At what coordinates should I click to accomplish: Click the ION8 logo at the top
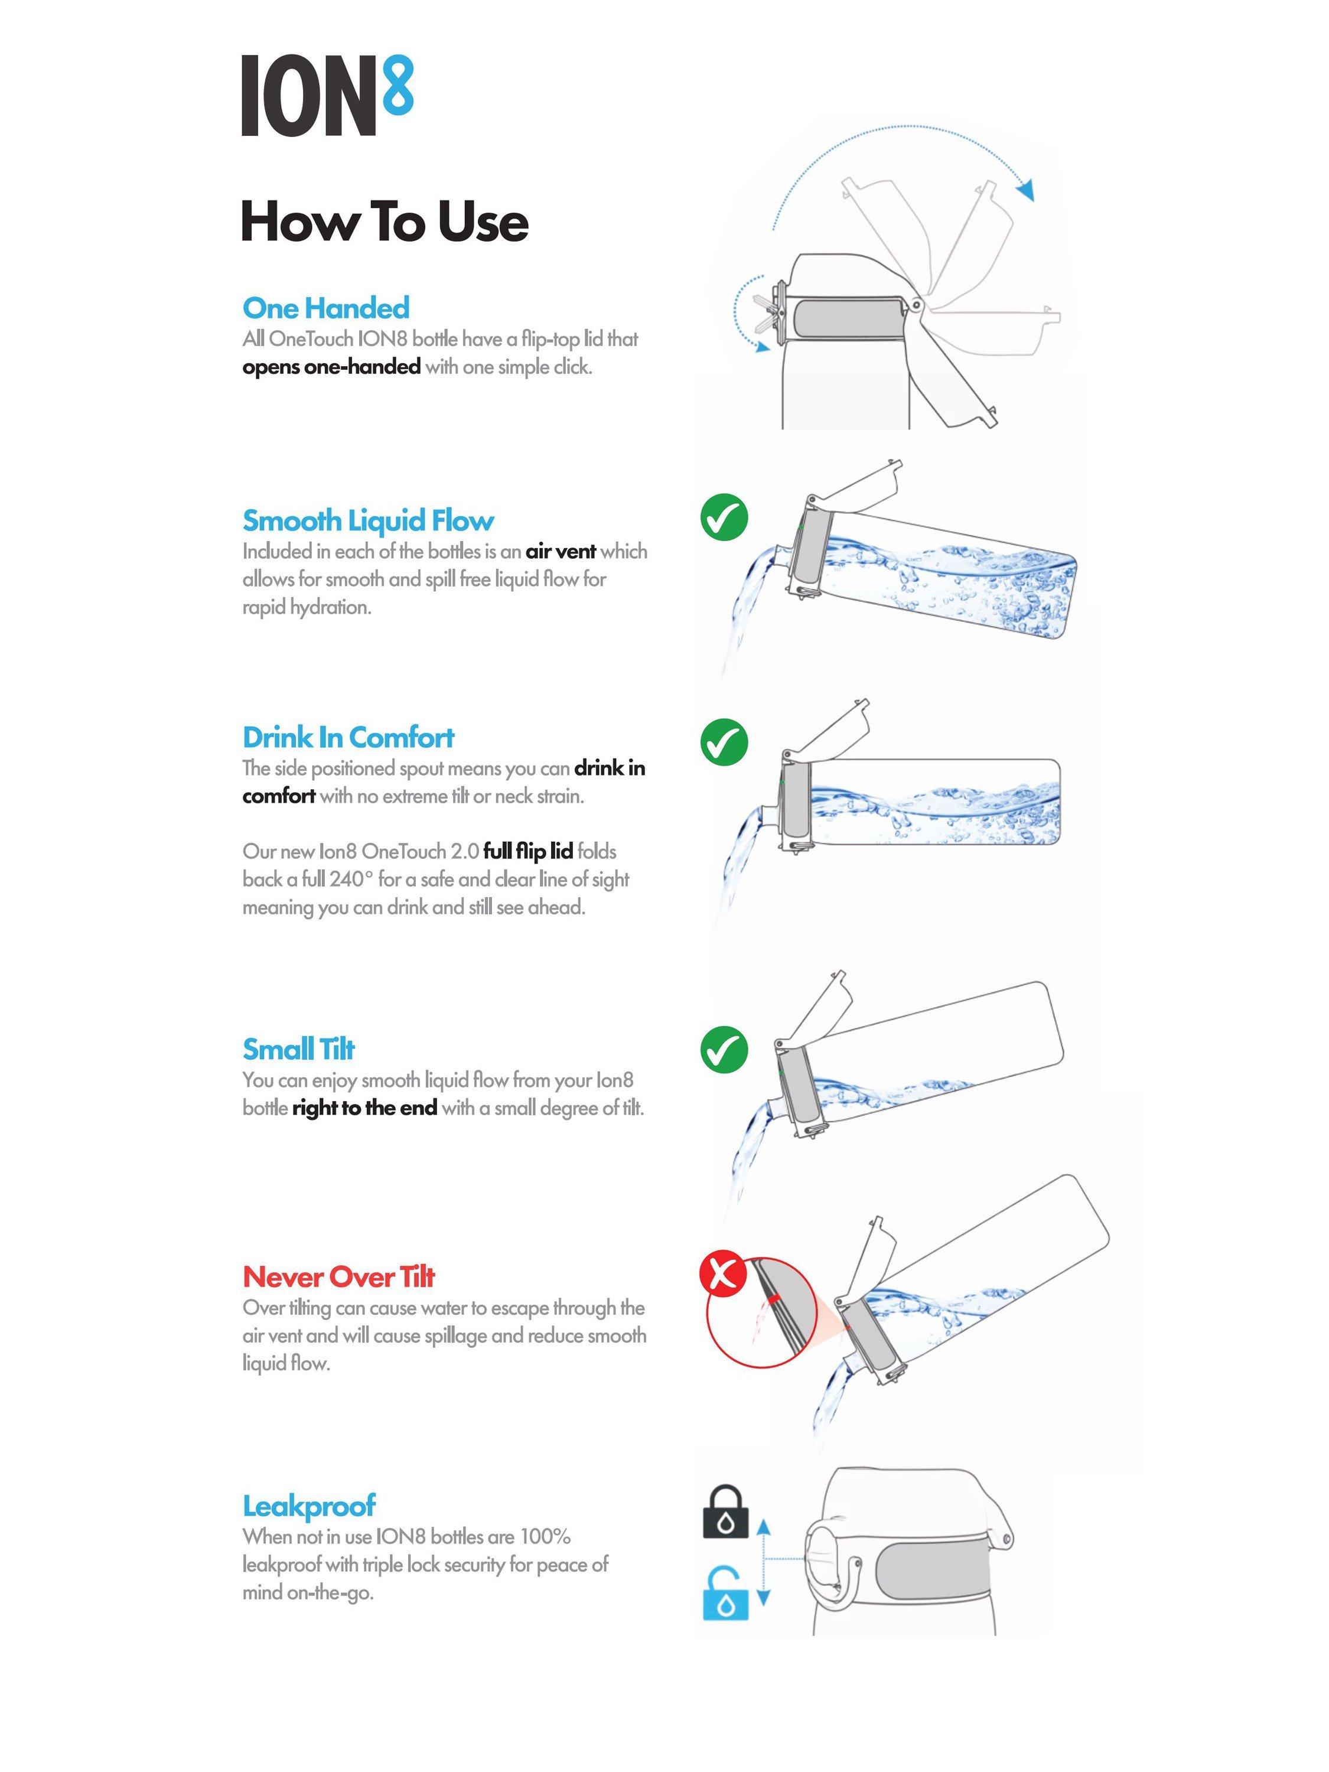click(327, 95)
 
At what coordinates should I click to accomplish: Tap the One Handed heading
click(325, 308)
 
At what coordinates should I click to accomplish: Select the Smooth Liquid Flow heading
click(368, 521)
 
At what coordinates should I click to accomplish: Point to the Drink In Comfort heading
click(348, 737)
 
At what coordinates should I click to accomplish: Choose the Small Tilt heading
click(298, 1048)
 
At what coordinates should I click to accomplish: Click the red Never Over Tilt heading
click(338, 1276)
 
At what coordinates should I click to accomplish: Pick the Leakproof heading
click(308, 1506)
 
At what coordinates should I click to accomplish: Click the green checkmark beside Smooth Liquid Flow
click(724, 517)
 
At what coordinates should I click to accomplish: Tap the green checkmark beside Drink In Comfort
click(724, 742)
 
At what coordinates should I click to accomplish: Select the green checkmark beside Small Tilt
click(724, 1050)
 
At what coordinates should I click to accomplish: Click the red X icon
click(722, 1273)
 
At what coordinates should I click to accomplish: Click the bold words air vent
click(561, 551)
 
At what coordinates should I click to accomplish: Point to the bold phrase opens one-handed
click(331, 367)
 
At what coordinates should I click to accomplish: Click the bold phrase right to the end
click(364, 1108)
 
